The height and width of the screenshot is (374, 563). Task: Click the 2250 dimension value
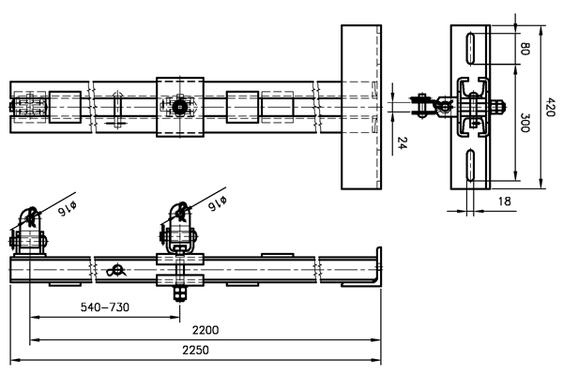(195, 350)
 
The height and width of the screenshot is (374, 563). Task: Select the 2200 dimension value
(205, 330)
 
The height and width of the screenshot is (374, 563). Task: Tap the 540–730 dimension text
(105, 307)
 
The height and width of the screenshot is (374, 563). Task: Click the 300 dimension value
(525, 123)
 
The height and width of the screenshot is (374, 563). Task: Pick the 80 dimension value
(525, 49)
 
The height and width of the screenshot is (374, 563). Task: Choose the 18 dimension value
(505, 202)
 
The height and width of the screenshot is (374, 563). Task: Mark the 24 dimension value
(403, 142)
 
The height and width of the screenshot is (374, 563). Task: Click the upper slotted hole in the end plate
(470, 48)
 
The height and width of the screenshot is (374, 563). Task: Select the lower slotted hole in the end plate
(470, 165)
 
